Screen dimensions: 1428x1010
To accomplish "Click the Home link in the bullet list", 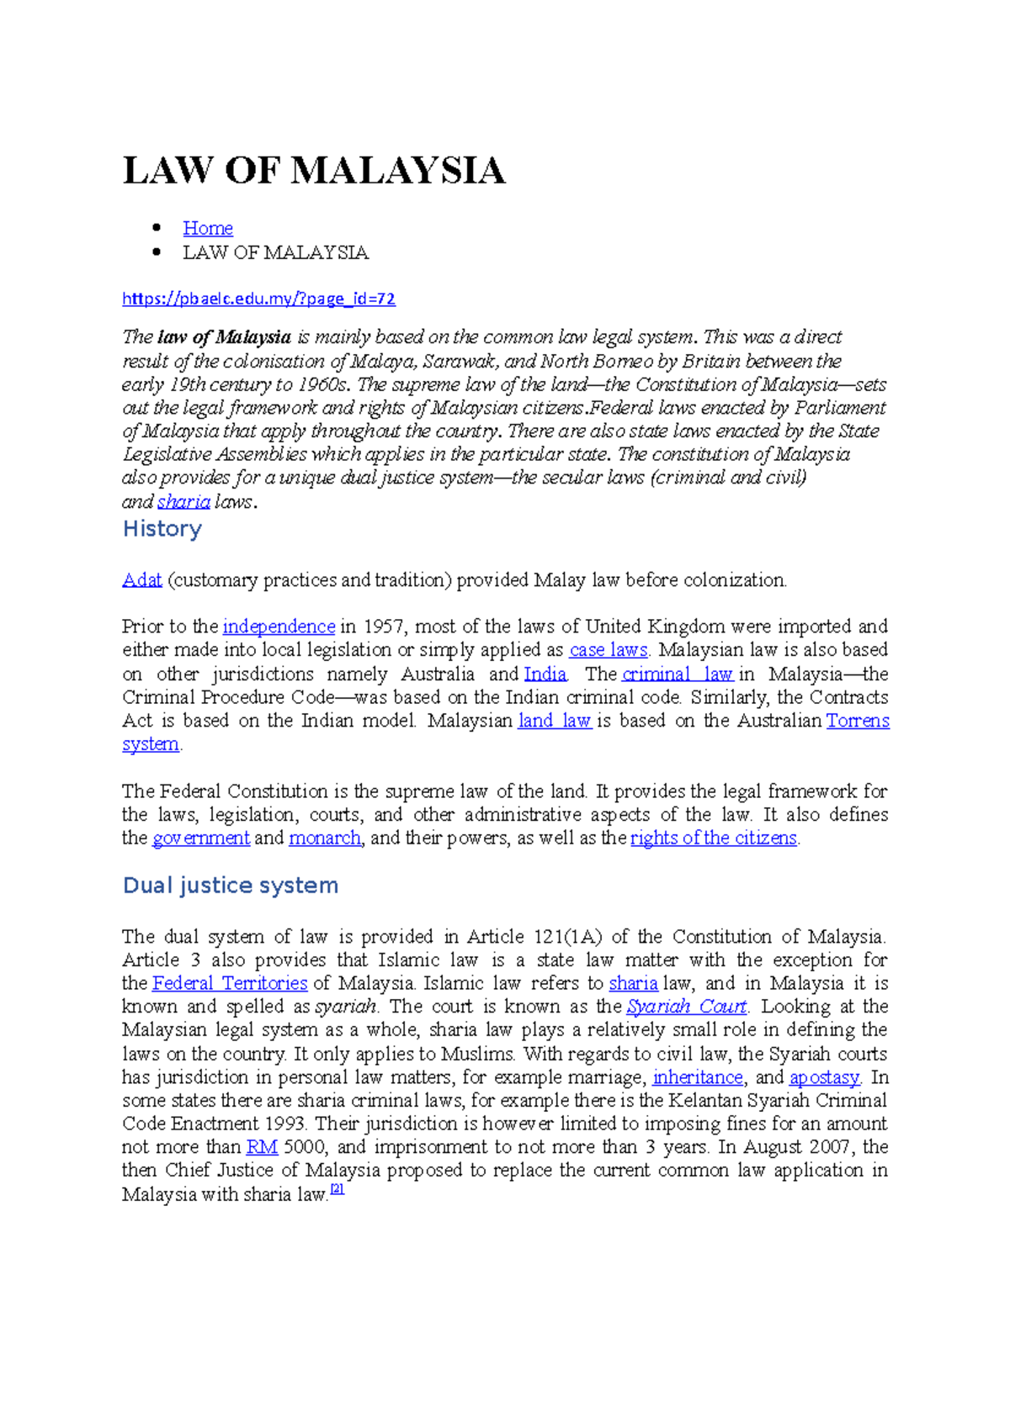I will coord(207,228).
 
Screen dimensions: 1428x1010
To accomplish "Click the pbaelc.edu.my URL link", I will coord(258,299).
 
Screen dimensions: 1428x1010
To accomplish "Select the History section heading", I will coord(162,529).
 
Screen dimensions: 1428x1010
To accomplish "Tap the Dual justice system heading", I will coord(231,886).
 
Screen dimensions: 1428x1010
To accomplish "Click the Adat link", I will coord(141,580).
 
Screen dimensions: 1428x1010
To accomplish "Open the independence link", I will coord(279,627).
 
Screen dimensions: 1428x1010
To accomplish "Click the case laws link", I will coord(609,650).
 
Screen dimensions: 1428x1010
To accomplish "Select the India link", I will coord(545,674).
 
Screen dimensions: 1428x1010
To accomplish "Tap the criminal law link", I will coord(678,674).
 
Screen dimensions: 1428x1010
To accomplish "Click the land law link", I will coord(555,721).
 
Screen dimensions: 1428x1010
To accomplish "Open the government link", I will coord(201,838).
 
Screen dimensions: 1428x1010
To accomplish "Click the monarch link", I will coord(325,838).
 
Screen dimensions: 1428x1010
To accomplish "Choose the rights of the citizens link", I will coord(713,838).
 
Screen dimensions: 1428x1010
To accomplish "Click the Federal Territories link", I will coord(230,983).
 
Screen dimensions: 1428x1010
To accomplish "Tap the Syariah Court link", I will coord(687,1007).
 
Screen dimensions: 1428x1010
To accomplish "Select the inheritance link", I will coord(698,1077).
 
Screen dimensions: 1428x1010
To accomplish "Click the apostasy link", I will coord(824,1077).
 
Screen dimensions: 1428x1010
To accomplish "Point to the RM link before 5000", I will coord(262,1147).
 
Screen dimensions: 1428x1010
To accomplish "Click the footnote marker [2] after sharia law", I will coord(338,1189).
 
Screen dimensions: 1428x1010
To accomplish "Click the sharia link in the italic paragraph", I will coord(183,502).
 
